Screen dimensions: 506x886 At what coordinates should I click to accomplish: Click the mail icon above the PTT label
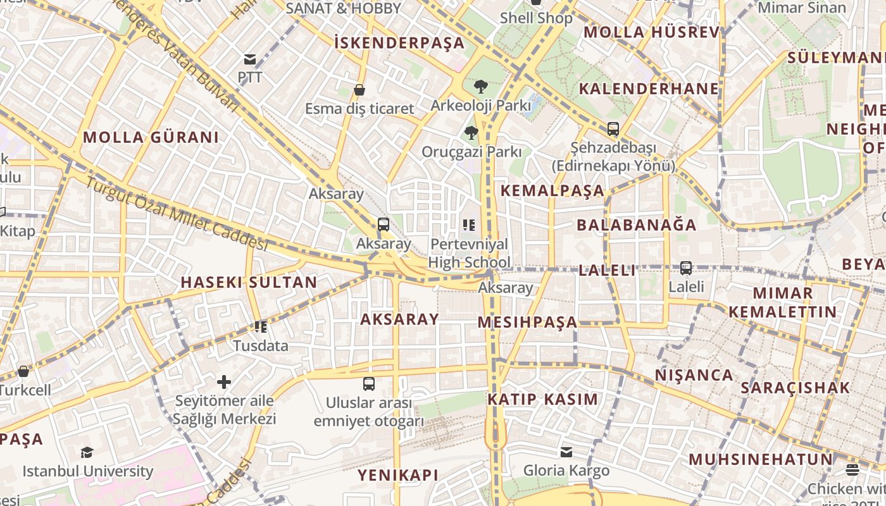click(250, 59)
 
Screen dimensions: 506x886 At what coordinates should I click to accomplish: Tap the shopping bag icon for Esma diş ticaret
click(359, 90)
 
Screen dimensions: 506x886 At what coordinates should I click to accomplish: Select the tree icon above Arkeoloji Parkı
click(481, 87)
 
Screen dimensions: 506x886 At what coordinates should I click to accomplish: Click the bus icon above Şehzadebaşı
click(613, 129)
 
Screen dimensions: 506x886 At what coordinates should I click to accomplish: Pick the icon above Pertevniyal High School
click(469, 225)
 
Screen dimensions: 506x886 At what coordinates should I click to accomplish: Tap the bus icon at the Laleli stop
click(686, 268)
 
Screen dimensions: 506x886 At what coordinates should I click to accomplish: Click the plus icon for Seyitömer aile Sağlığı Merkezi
click(223, 382)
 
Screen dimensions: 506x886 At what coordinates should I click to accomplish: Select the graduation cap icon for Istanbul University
click(87, 452)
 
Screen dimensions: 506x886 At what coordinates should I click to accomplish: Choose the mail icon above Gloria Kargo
click(566, 452)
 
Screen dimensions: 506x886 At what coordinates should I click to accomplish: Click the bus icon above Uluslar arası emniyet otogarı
click(369, 384)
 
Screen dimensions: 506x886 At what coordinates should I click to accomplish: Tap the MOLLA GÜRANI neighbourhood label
click(151, 137)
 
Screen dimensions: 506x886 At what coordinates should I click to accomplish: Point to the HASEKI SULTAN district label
click(249, 283)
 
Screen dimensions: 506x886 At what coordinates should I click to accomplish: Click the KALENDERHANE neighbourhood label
click(649, 89)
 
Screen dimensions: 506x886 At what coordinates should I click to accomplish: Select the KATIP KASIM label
click(542, 399)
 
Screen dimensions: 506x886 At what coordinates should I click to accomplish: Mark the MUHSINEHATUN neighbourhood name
click(761, 459)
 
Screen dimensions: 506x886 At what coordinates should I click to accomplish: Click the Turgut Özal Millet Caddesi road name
click(177, 213)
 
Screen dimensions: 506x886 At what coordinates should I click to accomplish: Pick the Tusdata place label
click(261, 346)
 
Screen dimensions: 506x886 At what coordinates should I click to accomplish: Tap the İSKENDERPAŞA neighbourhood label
click(399, 43)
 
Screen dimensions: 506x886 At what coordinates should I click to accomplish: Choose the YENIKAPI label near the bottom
click(398, 475)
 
